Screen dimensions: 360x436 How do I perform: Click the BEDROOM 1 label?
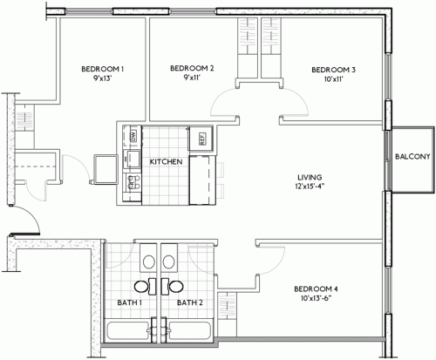coord(104,69)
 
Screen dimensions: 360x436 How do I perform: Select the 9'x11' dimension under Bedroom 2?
coord(192,78)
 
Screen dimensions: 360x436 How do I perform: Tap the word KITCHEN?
coord(165,162)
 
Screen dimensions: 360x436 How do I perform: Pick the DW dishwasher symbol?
coord(133,136)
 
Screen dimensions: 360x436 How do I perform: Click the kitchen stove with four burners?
coord(133,183)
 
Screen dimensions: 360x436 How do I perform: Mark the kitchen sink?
coord(133,159)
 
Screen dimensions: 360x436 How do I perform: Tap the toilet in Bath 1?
coord(146,260)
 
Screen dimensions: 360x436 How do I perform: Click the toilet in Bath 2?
coord(168,260)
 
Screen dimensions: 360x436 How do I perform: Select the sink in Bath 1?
coord(140,285)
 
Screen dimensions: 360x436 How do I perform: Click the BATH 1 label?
coord(130,303)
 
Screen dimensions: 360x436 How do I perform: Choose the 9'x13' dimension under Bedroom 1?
coord(104,78)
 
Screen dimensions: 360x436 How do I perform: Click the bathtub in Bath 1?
coord(127,331)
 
